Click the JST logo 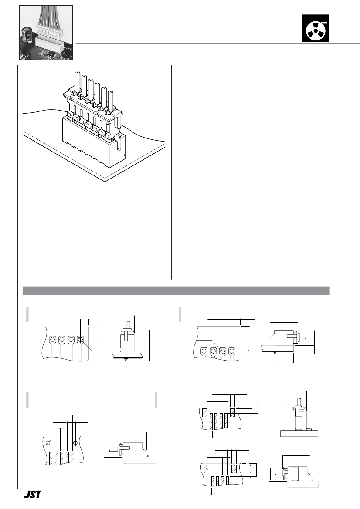[32, 495]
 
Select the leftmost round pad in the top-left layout [52, 339]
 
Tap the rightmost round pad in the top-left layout [81, 339]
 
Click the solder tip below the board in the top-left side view [126, 360]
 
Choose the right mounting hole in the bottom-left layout [75, 442]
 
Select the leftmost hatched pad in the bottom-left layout [51, 458]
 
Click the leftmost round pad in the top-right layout [204, 351]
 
